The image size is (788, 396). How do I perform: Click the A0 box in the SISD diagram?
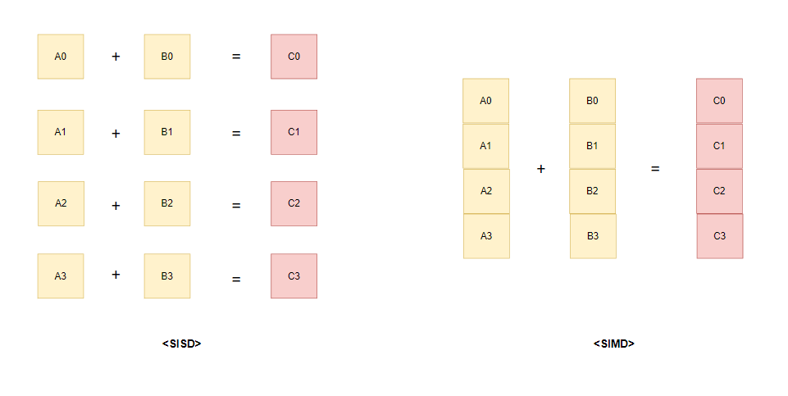coord(61,57)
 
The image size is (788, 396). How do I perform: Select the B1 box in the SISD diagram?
coord(167,132)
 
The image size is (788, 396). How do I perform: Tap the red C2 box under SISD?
coord(294,203)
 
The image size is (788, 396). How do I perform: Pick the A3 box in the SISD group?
coord(61,275)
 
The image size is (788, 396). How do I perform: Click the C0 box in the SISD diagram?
coord(294,57)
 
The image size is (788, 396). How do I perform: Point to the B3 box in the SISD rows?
coord(167,275)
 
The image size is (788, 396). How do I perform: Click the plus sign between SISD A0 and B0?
coord(116,57)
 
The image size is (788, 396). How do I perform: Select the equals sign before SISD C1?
coord(236,132)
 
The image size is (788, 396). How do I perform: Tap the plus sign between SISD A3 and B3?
coord(116,275)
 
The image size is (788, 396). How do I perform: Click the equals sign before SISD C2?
coord(236,205)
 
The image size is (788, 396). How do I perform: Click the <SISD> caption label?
coord(181,344)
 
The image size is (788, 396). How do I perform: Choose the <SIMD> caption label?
coord(614,344)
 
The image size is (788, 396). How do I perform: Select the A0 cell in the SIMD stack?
coord(485,101)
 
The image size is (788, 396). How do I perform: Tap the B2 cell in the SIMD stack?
coord(592,191)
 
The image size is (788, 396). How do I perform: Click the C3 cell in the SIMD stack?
coord(720,236)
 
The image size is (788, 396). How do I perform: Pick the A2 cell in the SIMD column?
coord(486,191)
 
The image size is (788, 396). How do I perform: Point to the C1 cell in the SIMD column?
coord(719,146)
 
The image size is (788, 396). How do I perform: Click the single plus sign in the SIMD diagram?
coord(540,169)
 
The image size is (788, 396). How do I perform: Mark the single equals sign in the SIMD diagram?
coord(655,169)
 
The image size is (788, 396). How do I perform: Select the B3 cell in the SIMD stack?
coord(593,236)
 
